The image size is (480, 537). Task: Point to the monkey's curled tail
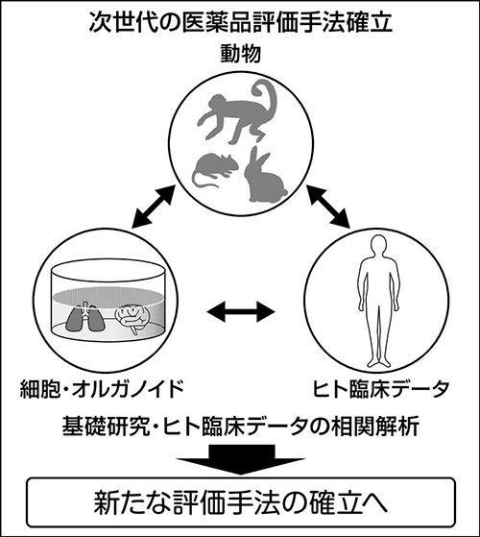[x=263, y=98]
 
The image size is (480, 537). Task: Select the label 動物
[x=241, y=55]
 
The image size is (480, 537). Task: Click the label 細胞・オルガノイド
[x=101, y=389]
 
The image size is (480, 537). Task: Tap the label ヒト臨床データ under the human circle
[x=381, y=389]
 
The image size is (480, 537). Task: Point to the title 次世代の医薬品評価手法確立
[x=240, y=23]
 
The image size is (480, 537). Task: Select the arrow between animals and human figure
[x=328, y=207]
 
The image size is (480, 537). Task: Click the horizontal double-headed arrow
[x=241, y=311]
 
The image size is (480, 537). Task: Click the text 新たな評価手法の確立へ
[x=241, y=503]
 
